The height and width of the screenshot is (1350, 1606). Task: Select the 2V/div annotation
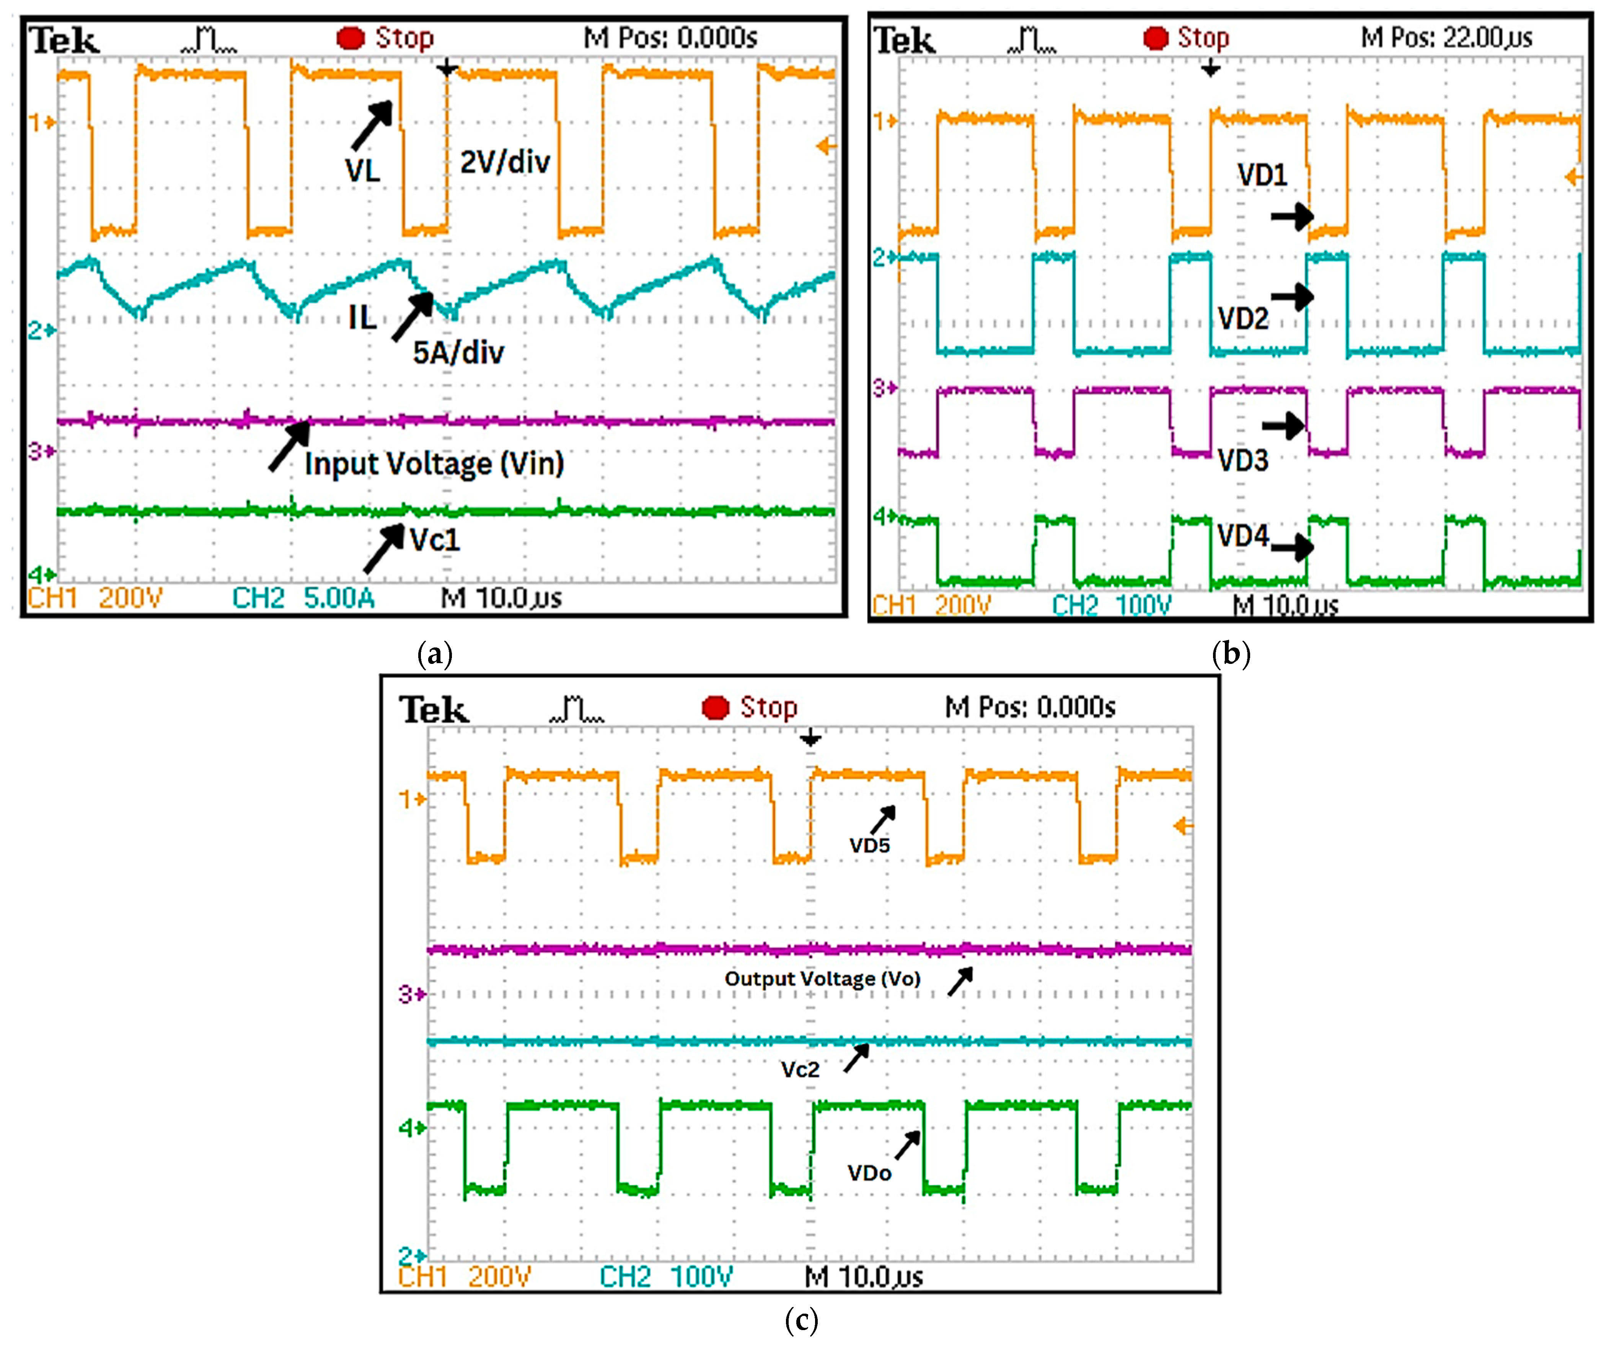tap(505, 161)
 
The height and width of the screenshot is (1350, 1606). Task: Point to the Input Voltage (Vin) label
tap(434, 464)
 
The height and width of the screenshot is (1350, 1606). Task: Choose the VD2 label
tap(1242, 318)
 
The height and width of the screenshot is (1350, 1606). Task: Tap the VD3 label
tap(1242, 460)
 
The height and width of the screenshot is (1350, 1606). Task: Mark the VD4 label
tap(1242, 536)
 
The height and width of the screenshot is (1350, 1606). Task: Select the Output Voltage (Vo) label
tap(822, 979)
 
